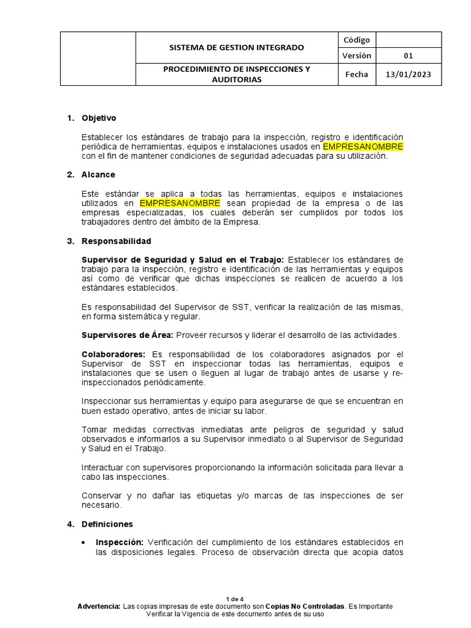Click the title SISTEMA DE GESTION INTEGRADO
236,47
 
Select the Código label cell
356,40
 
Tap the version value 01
408,56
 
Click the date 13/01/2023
408,74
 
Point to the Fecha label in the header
356,74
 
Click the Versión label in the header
356,56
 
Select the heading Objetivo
99,118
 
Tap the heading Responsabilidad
117,241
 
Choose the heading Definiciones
107,524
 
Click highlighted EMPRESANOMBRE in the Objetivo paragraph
363,147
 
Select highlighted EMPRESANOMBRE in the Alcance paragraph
180,203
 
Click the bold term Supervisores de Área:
128,335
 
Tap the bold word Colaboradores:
114,354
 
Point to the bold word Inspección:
120,542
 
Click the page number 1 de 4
235,599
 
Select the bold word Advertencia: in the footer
99,606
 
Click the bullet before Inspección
84,543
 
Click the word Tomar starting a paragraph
93,430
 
